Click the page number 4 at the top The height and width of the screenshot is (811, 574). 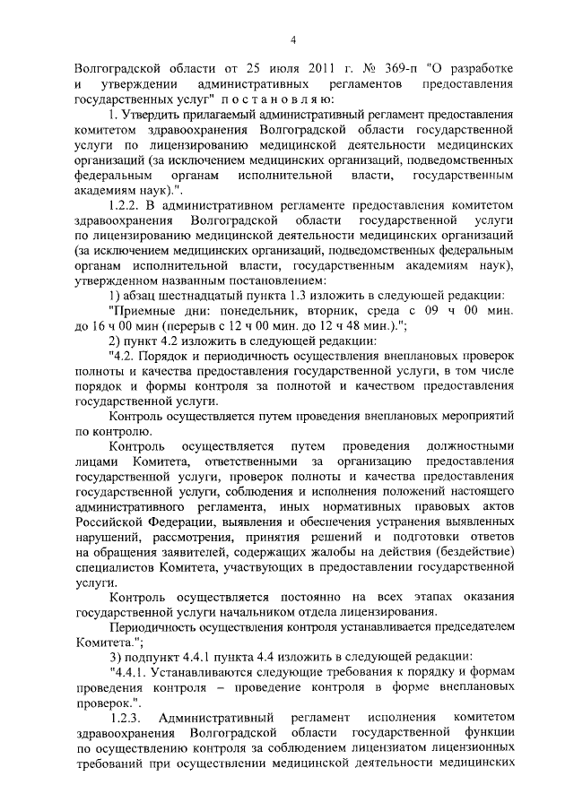tap(292, 39)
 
